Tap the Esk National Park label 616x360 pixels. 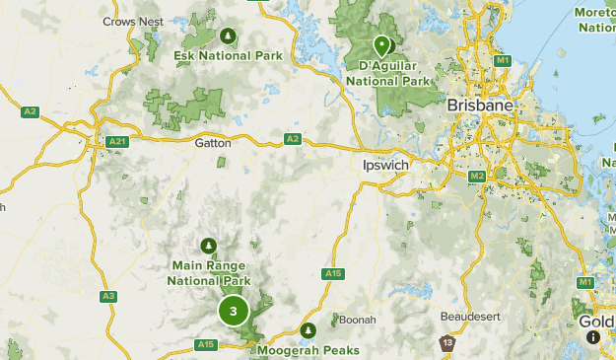point(228,56)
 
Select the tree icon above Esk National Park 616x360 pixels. point(228,36)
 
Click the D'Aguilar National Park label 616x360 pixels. point(389,73)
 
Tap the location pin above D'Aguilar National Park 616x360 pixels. point(381,44)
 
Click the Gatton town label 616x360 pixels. point(212,143)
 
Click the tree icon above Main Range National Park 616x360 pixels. point(208,246)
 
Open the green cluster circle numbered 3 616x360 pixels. point(234,312)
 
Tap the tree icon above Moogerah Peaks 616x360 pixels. point(308,329)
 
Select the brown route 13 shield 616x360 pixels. point(447,342)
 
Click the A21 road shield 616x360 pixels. point(118,142)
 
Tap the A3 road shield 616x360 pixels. point(108,296)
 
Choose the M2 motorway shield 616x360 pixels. point(477,176)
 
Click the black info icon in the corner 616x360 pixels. point(592,337)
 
